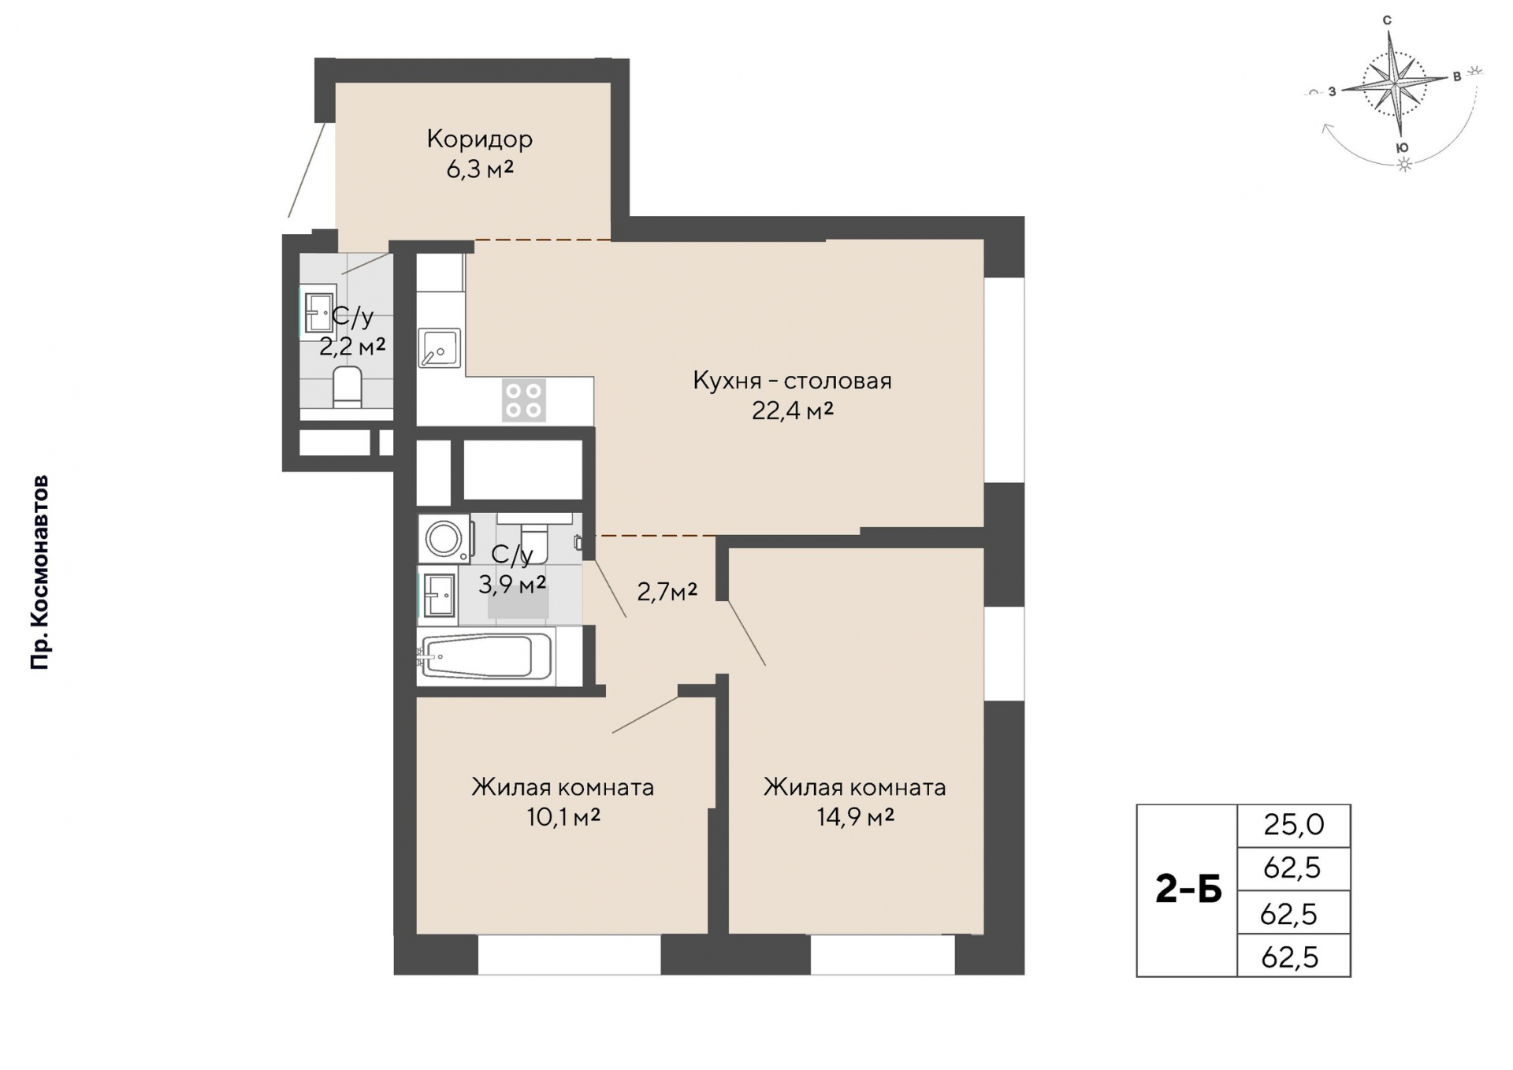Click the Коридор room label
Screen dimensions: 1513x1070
point(479,139)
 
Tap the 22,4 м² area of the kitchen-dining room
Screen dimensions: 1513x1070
point(792,411)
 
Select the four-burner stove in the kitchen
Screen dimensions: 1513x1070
point(524,400)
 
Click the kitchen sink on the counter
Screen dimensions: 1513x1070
point(439,348)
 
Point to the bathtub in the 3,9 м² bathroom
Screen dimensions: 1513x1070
point(486,656)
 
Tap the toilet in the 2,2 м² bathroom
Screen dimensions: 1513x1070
point(347,386)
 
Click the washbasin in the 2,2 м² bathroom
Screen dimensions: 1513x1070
point(319,313)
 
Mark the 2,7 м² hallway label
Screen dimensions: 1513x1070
point(667,592)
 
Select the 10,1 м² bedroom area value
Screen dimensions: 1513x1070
point(563,817)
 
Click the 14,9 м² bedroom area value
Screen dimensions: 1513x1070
point(855,817)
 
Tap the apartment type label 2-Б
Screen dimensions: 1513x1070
point(1188,890)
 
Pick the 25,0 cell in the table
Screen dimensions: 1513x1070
point(1294,825)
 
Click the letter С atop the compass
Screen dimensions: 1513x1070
point(1387,20)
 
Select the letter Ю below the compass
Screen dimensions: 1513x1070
point(1402,147)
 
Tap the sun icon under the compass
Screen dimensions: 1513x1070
point(1403,165)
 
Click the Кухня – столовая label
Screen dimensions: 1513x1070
point(792,381)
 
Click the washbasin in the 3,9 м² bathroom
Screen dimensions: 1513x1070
point(439,595)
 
